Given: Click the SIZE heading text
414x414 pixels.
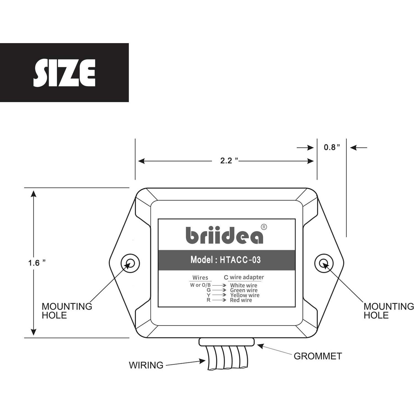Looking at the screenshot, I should pyautogui.click(x=64, y=73).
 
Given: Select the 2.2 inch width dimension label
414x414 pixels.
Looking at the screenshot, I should pyautogui.click(x=229, y=161).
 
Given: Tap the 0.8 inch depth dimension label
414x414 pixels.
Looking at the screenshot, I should pyautogui.click(x=331, y=147).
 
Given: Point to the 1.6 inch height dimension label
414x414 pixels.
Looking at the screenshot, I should pyautogui.click(x=36, y=263).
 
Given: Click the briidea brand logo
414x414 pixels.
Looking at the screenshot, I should pyautogui.click(x=224, y=235).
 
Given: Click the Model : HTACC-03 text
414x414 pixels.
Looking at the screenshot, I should pyautogui.click(x=226, y=260).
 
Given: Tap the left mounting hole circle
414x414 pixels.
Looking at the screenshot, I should pyautogui.click(x=130, y=263).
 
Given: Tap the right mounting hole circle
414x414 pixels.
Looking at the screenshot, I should pyautogui.click(x=324, y=263).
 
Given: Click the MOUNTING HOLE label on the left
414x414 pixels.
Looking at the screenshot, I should pyautogui.click(x=67, y=311).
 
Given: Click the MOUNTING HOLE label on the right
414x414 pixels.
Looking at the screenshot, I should pyautogui.click(x=388, y=311).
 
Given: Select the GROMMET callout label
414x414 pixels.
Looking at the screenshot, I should pyautogui.click(x=318, y=356).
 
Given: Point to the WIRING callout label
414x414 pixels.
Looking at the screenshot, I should pyautogui.click(x=146, y=365).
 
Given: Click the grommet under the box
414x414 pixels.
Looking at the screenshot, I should pyautogui.click(x=226, y=342).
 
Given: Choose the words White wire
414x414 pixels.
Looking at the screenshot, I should pyautogui.click(x=243, y=285).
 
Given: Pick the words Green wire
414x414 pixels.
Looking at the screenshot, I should pyautogui.click(x=243, y=290).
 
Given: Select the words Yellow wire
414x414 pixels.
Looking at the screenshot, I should pyautogui.click(x=245, y=295).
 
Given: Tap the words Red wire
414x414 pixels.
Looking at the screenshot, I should pyautogui.click(x=241, y=300).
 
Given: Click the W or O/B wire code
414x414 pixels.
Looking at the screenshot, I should pyautogui.click(x=200, y=285).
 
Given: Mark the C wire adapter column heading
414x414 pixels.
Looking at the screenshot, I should pyautogui.click(x=244, y=277).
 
